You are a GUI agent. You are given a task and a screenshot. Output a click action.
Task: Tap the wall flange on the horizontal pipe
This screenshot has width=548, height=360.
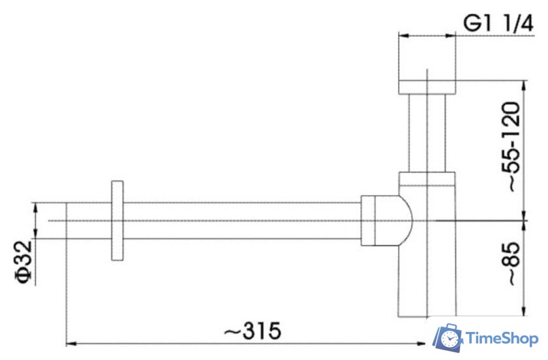coord(117,220)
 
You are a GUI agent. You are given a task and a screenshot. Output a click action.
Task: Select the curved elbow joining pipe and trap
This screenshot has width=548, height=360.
coord(404,220)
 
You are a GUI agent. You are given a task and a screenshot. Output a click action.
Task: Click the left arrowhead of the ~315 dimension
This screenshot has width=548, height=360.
coord(71,342)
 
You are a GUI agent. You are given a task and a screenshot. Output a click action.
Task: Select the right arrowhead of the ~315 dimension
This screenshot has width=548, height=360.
coord(422,342)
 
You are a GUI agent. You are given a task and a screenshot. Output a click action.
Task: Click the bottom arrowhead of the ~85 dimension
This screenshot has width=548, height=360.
coord(524,312)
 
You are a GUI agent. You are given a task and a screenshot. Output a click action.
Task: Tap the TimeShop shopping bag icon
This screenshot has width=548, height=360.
coord(449,338)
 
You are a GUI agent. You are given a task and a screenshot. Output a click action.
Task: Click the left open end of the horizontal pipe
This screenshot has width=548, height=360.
coord(67,220)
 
